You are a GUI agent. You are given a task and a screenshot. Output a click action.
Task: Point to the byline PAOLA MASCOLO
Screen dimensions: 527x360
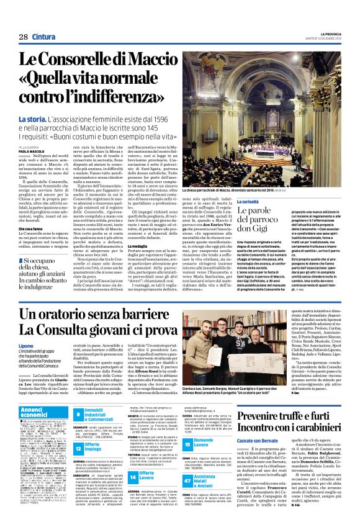(31, 151)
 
